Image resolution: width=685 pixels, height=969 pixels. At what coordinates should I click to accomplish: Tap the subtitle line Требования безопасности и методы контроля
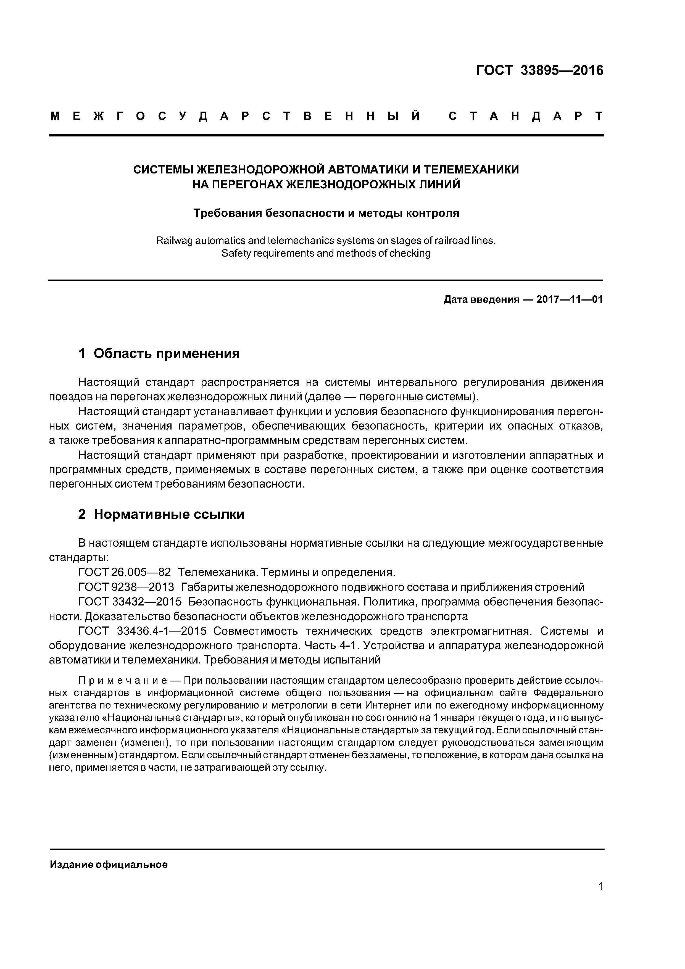click(326, 213)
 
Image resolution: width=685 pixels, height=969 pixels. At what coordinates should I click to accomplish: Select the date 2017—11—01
click(569, 300)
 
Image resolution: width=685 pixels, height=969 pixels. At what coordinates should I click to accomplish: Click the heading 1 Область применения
click(159, 353)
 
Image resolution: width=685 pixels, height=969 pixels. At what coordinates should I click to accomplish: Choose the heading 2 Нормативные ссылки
click(161, 514)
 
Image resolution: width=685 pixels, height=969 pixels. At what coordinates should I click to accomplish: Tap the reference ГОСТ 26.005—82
click(125, 572)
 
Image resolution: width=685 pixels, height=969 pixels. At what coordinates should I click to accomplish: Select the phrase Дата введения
click(481, 300)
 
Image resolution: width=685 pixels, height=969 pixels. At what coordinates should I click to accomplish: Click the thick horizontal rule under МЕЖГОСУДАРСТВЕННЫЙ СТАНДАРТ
click(326, 135)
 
